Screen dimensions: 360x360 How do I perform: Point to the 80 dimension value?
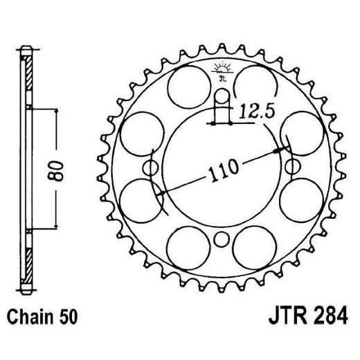click(x=60, y=169)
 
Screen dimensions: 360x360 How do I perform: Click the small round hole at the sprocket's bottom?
click(x=222, y=240)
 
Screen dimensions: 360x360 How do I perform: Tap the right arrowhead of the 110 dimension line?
click(x=280, y=148)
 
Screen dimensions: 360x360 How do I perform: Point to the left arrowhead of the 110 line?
click(x=161, y=195)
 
